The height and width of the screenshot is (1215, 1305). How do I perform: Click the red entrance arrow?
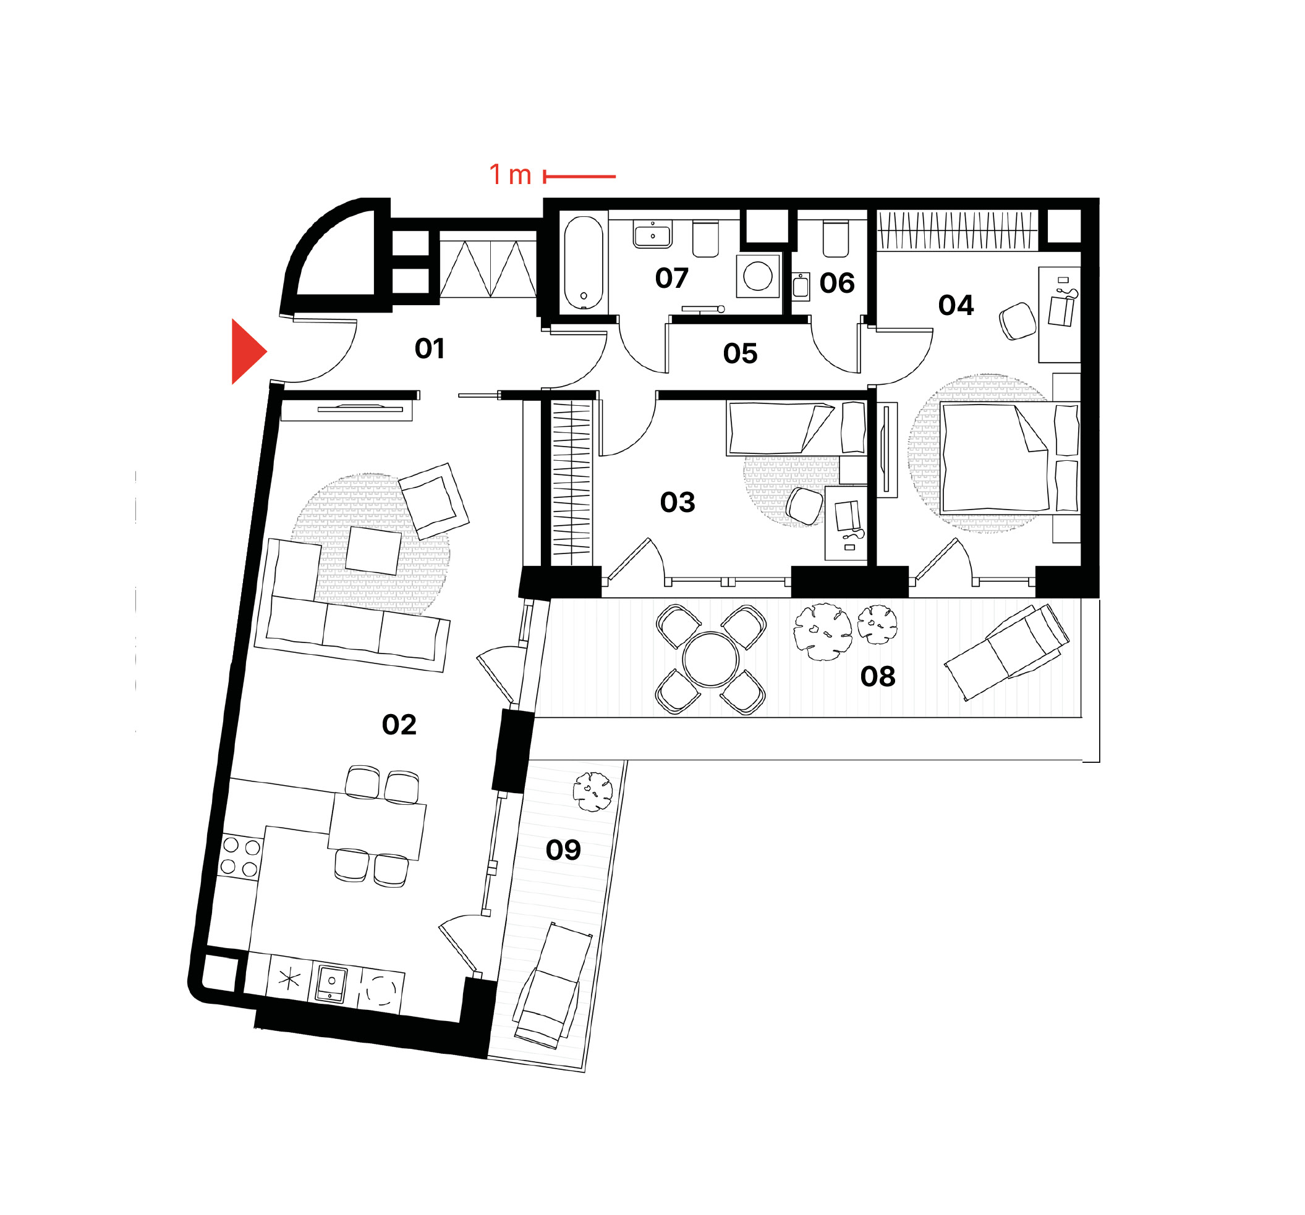[247, 351]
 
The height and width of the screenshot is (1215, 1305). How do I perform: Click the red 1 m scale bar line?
[580, 177]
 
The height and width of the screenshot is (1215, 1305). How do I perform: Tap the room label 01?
[430, 348]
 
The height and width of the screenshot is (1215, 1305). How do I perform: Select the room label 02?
[399, 725]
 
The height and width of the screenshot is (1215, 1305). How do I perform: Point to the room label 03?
[678, 502]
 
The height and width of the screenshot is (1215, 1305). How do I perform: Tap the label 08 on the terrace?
[878, 676]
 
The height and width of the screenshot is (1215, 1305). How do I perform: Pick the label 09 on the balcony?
[563, 850]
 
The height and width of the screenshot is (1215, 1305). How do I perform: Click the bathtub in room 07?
[584, 263]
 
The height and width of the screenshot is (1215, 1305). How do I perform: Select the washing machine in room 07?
[757, 276]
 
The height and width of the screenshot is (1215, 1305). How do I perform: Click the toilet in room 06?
[836, 239]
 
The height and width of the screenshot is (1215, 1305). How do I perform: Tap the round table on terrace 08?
[711, 659]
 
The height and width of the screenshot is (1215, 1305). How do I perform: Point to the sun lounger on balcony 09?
[551, 984]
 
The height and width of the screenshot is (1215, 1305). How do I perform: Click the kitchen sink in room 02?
[331, 983]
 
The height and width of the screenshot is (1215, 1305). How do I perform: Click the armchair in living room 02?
[434, 501]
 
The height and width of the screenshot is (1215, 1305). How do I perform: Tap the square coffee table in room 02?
[373, 551]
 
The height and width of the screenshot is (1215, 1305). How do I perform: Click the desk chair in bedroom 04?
[1018, 321]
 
